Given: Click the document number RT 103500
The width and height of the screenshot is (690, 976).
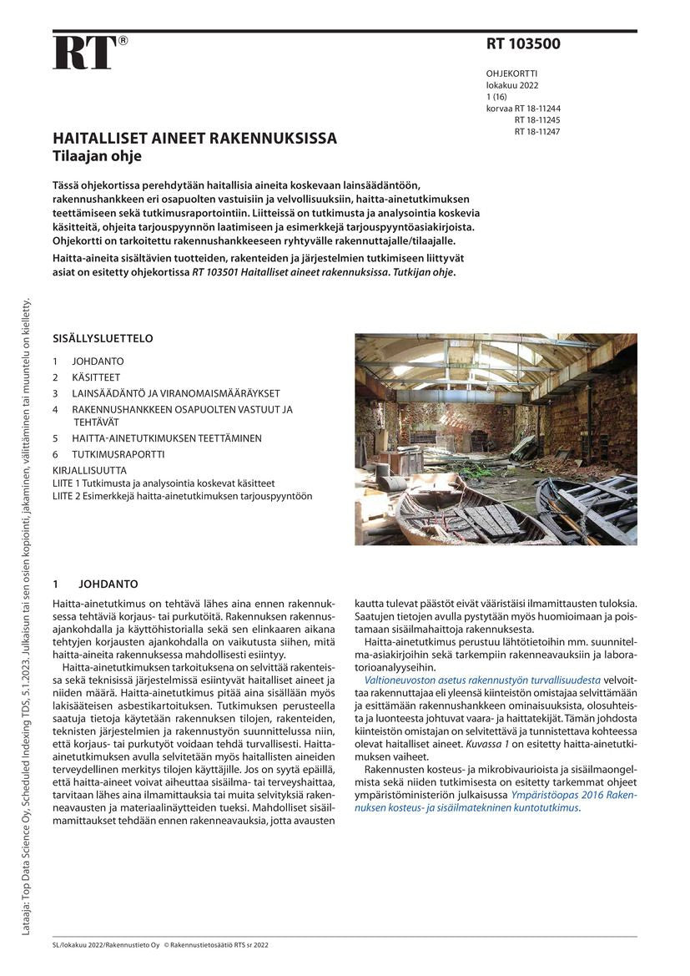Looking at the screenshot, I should [523, 45].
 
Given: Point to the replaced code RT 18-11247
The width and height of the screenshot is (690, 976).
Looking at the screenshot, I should [536, 132].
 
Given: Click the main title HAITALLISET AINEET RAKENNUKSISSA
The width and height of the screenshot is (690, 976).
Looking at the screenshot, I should [194, 139].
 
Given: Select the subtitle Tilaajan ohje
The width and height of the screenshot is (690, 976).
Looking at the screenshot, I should [97, 156].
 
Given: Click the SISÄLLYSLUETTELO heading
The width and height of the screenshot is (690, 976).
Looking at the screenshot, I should [103, 339].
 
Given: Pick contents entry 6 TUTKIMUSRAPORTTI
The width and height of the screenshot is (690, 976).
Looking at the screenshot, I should [117, 454].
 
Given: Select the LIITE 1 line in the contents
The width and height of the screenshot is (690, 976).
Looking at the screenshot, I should [164, 483].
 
